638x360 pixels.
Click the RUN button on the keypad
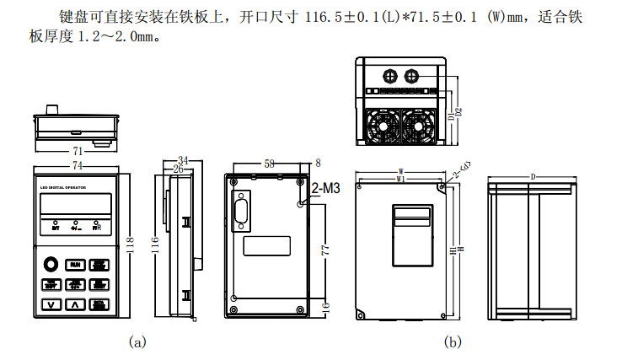75,264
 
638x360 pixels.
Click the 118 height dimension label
129,244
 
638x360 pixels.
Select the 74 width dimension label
77,164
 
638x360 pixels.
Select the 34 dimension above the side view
183,160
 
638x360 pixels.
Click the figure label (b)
454,341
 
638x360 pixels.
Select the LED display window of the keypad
76,205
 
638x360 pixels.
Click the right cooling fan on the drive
420,126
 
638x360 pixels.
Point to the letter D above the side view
533,176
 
